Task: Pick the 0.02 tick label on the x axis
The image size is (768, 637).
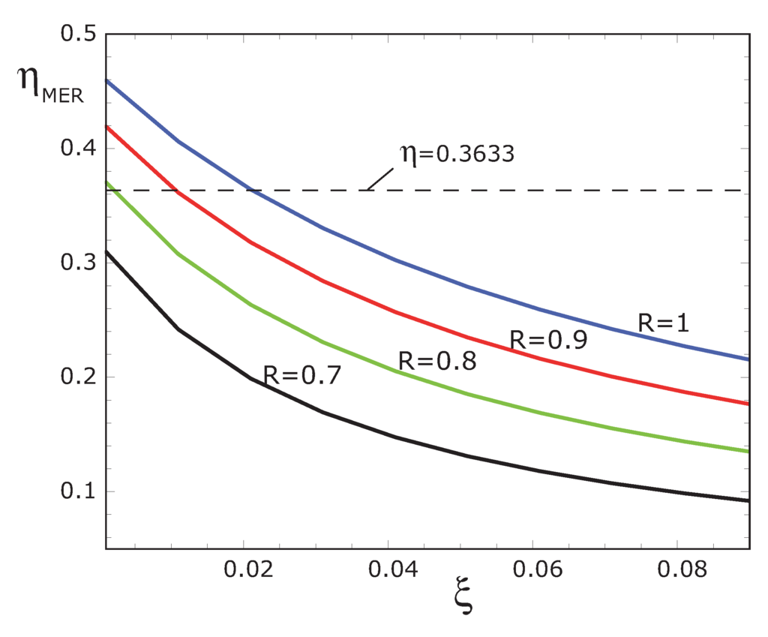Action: (244, 570)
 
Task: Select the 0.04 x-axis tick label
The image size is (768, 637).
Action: (388, 570)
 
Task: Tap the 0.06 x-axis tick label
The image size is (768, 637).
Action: (532, 570)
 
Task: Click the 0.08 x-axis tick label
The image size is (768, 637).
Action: (676, 570)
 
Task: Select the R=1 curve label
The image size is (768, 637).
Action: (663, 323)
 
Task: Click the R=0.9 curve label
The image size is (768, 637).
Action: (547, 340)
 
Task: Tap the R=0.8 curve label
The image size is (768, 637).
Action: (436, 361)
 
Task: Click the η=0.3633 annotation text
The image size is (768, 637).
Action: (456, 155)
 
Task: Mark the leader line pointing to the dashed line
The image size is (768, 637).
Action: (381, 178)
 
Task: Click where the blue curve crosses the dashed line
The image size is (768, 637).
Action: (250, 191)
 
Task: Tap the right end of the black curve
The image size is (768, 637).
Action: (748, 500)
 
